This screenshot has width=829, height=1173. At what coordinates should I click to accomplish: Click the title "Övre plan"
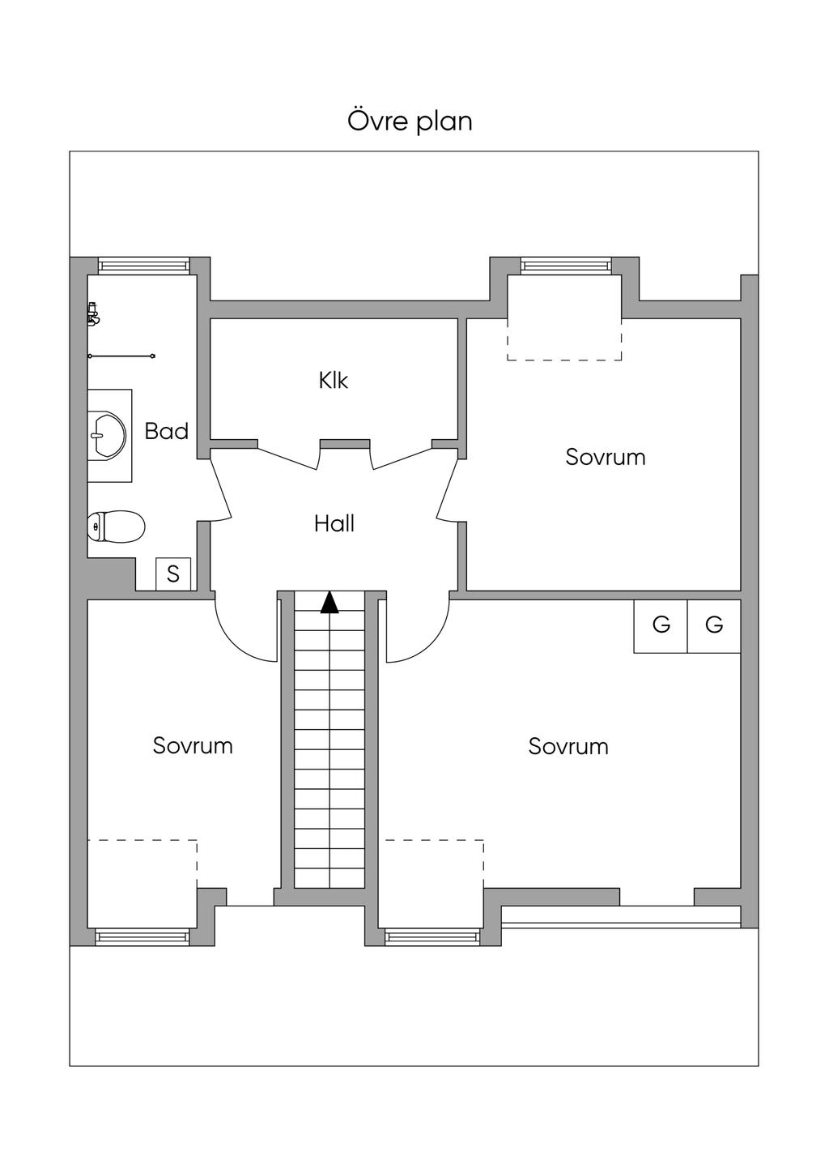410,122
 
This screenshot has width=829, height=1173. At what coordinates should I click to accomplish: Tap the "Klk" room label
333,380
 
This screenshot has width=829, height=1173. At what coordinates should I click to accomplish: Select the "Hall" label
334,524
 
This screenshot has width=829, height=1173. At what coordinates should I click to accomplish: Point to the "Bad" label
166,431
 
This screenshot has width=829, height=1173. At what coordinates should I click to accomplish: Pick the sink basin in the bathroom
106,434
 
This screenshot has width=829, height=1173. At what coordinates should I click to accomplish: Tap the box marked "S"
173,574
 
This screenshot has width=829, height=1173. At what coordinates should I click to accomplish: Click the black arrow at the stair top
329,603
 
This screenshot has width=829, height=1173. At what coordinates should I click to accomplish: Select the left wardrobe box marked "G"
661,625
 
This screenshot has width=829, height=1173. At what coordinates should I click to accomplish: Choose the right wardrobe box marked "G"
714,625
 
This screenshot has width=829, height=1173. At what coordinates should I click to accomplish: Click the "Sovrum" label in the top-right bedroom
606,457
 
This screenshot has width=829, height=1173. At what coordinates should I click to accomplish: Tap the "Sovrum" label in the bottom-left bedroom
193,745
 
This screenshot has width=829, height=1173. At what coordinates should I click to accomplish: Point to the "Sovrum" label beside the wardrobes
568,746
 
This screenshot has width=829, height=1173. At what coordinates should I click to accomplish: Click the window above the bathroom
143,266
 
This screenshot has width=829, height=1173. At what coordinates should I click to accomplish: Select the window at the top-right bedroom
565,266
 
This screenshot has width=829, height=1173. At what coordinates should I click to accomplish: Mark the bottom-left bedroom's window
142,937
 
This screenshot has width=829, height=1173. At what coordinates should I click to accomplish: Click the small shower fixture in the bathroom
93,314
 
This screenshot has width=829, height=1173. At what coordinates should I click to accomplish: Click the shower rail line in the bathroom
121,356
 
